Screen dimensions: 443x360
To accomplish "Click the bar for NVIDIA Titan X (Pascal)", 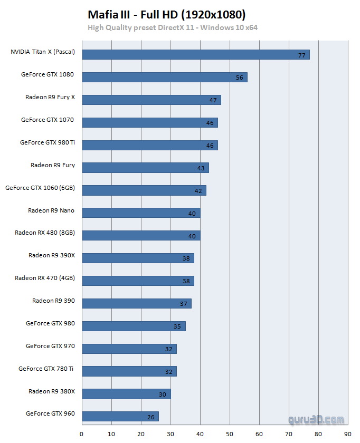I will pos(195,54).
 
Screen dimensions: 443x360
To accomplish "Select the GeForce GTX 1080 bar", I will pos(164,77).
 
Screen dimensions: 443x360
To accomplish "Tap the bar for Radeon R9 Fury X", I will pos(151,100).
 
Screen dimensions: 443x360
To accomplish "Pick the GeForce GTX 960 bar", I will pos(120,417).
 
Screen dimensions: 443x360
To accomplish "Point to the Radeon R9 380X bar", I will pos(126,394).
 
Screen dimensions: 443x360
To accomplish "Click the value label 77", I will pos(302,55).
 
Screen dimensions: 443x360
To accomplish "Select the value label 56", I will pos(240,78).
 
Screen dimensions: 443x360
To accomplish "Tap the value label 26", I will pos(151,418).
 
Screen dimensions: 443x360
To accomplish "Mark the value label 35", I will pos(177,327).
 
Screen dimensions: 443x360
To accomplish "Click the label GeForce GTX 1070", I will pos(48,120).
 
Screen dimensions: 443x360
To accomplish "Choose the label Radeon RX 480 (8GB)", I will pos(45,233).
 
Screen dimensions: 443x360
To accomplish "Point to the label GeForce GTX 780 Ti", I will pos(46,369).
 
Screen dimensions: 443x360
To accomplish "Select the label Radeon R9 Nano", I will pos(51,210).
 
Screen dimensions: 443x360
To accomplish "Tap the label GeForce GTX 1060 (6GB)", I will pos(40,187).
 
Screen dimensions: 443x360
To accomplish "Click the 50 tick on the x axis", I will pos(230,434).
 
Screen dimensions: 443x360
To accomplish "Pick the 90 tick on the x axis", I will pos(347,434).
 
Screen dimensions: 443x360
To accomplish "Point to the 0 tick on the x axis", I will pos(82,434).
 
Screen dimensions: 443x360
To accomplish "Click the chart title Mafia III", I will pos(167,14).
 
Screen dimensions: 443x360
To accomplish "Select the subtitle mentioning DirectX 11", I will pos(173,27).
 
